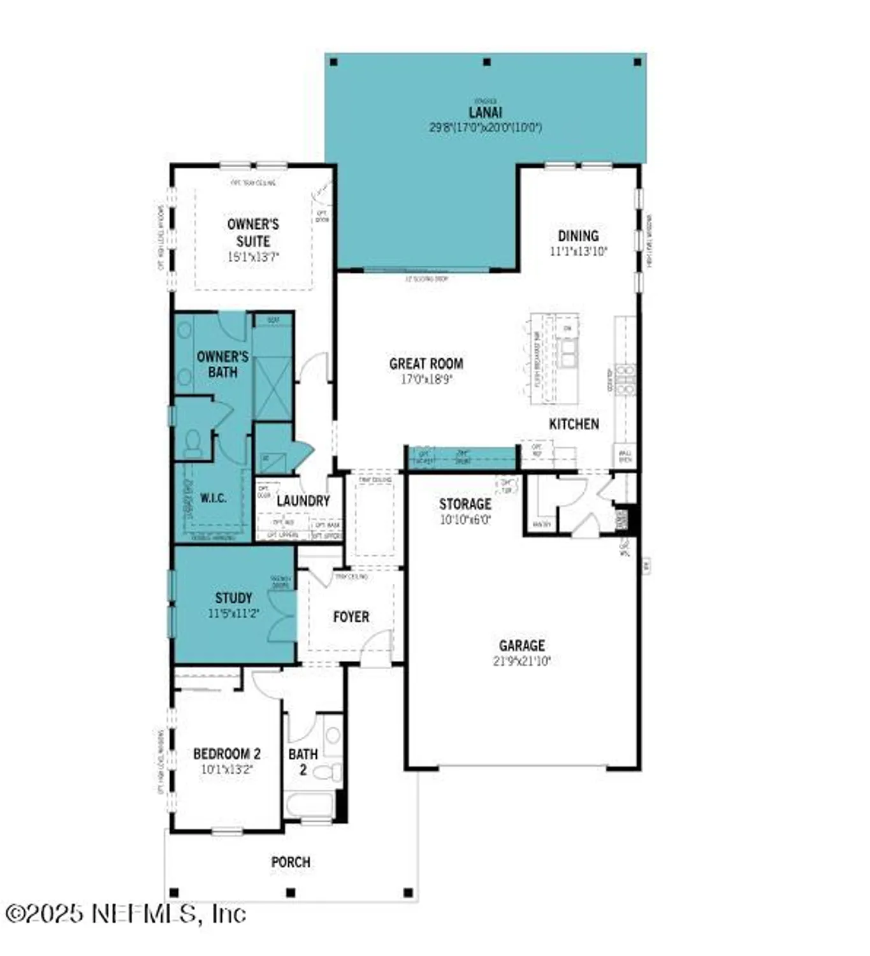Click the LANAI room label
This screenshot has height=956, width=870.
click(485, 112)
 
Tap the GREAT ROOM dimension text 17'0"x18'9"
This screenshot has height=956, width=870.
click(426, 380)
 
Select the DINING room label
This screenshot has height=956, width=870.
click(577, 236)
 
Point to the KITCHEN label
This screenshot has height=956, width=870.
click(574, 424)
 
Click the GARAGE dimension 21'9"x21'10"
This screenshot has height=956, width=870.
click(521, 662)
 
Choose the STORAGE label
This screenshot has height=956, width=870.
click(465, 504)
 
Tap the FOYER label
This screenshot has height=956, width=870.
click(351, 617)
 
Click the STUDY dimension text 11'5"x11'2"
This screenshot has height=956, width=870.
click(233, 614)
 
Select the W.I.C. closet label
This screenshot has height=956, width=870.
click(213, 498)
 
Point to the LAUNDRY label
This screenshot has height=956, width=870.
click(303, 501)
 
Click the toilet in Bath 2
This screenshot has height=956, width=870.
click(328, 773)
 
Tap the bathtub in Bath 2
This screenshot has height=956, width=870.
click(310, 805)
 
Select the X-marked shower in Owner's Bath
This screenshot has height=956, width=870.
click(273, 388)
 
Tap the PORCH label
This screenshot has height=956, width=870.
click(291, 862)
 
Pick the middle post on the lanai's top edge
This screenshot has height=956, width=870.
click(487, 62)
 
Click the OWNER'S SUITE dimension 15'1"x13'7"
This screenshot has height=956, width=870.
click(253, 257)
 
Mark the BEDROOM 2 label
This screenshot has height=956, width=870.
click(226, 754)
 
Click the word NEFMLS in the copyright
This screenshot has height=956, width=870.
click(144, 914)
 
